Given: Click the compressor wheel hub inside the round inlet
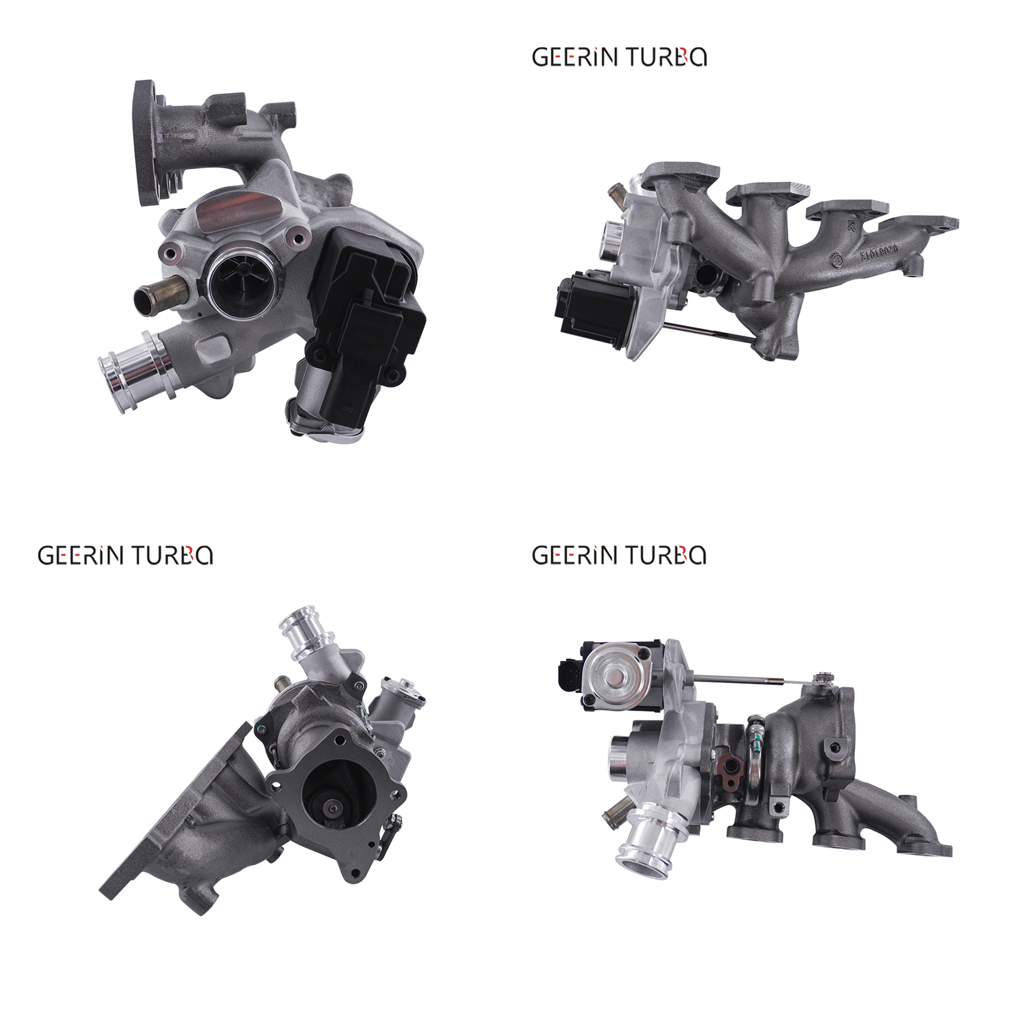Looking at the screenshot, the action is point(243,270).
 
